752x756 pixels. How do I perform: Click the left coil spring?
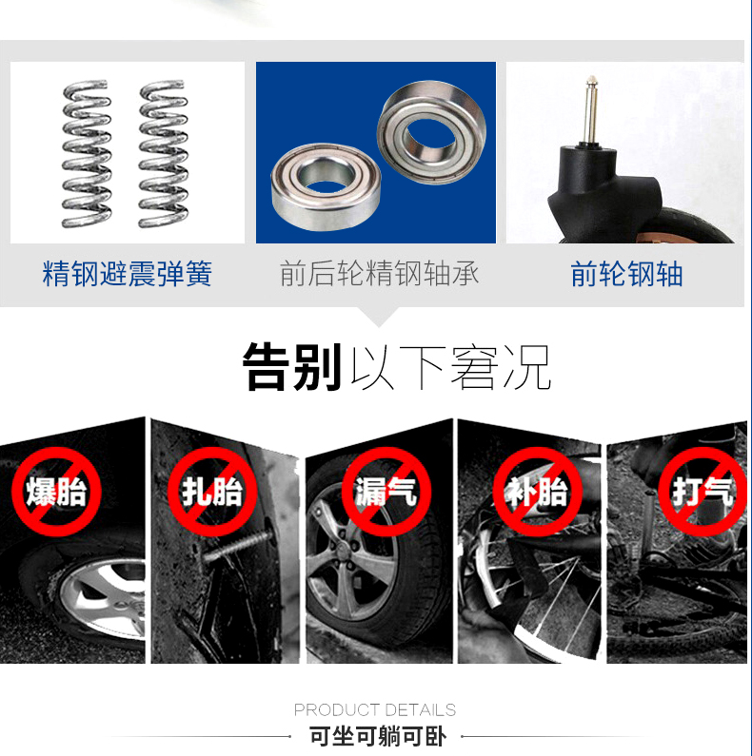[x=87, y=154]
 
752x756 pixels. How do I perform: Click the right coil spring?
[x=163, y=154]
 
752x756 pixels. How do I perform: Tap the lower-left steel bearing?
[x=326, y=186]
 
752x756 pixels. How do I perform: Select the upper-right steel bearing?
[x=431, y=132]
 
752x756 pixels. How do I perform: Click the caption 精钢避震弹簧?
[x=128, y=274]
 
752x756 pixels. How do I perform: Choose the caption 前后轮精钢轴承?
[x=380, y=273]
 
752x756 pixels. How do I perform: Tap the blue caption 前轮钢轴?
[x=626, y=274]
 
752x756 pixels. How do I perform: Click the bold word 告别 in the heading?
[x=292, y=366]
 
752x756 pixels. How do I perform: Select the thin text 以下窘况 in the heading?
[x=451, y=367]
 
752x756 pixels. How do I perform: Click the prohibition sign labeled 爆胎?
[x=56, y=492]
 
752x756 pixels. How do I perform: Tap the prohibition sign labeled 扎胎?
[x=212, y=492]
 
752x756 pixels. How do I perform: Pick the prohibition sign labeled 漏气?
[x=386, y=492]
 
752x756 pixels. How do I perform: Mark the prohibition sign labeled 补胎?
[x=537, y=492]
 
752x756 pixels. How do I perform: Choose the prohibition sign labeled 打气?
[x=703, y=492]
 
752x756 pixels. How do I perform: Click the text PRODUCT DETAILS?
[x=375, y=709]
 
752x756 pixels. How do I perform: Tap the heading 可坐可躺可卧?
[x=378, y=736]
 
